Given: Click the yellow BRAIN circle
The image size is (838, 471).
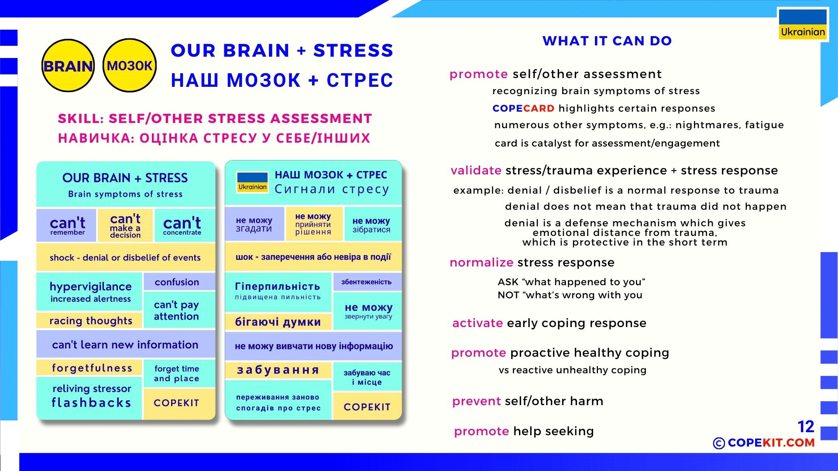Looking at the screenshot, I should (68, 66).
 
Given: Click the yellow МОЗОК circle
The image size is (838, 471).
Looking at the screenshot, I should (130, 65).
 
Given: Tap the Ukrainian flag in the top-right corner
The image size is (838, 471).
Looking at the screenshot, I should (803, 24).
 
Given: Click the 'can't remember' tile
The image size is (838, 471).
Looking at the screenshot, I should (67, 225).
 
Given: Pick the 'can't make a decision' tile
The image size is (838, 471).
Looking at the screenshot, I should (125, 225).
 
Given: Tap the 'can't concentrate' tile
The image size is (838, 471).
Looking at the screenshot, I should (182, 225).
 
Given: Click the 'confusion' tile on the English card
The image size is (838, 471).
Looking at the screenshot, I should (177, 282).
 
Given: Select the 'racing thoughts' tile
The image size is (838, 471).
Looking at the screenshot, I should (90, 321).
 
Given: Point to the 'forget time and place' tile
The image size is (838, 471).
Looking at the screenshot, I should (177, 373).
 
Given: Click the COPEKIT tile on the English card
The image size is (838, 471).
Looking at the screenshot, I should (177, 403).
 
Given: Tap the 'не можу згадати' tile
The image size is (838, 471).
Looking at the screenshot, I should (254, 225).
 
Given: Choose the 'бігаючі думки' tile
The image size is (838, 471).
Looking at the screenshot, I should (278, 322).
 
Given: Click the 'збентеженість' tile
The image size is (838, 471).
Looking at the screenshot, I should (366, 282).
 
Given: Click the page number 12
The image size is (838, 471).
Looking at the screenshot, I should (806, 427).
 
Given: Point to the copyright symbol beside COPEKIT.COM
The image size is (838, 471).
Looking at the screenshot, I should (718, 444).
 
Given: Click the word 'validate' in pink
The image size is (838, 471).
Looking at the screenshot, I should (476, 171).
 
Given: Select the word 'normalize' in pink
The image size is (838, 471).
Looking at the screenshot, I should (481, 263).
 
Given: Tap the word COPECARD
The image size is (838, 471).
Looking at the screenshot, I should (523, 108).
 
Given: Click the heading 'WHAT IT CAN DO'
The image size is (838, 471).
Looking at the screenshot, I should (607, 41).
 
